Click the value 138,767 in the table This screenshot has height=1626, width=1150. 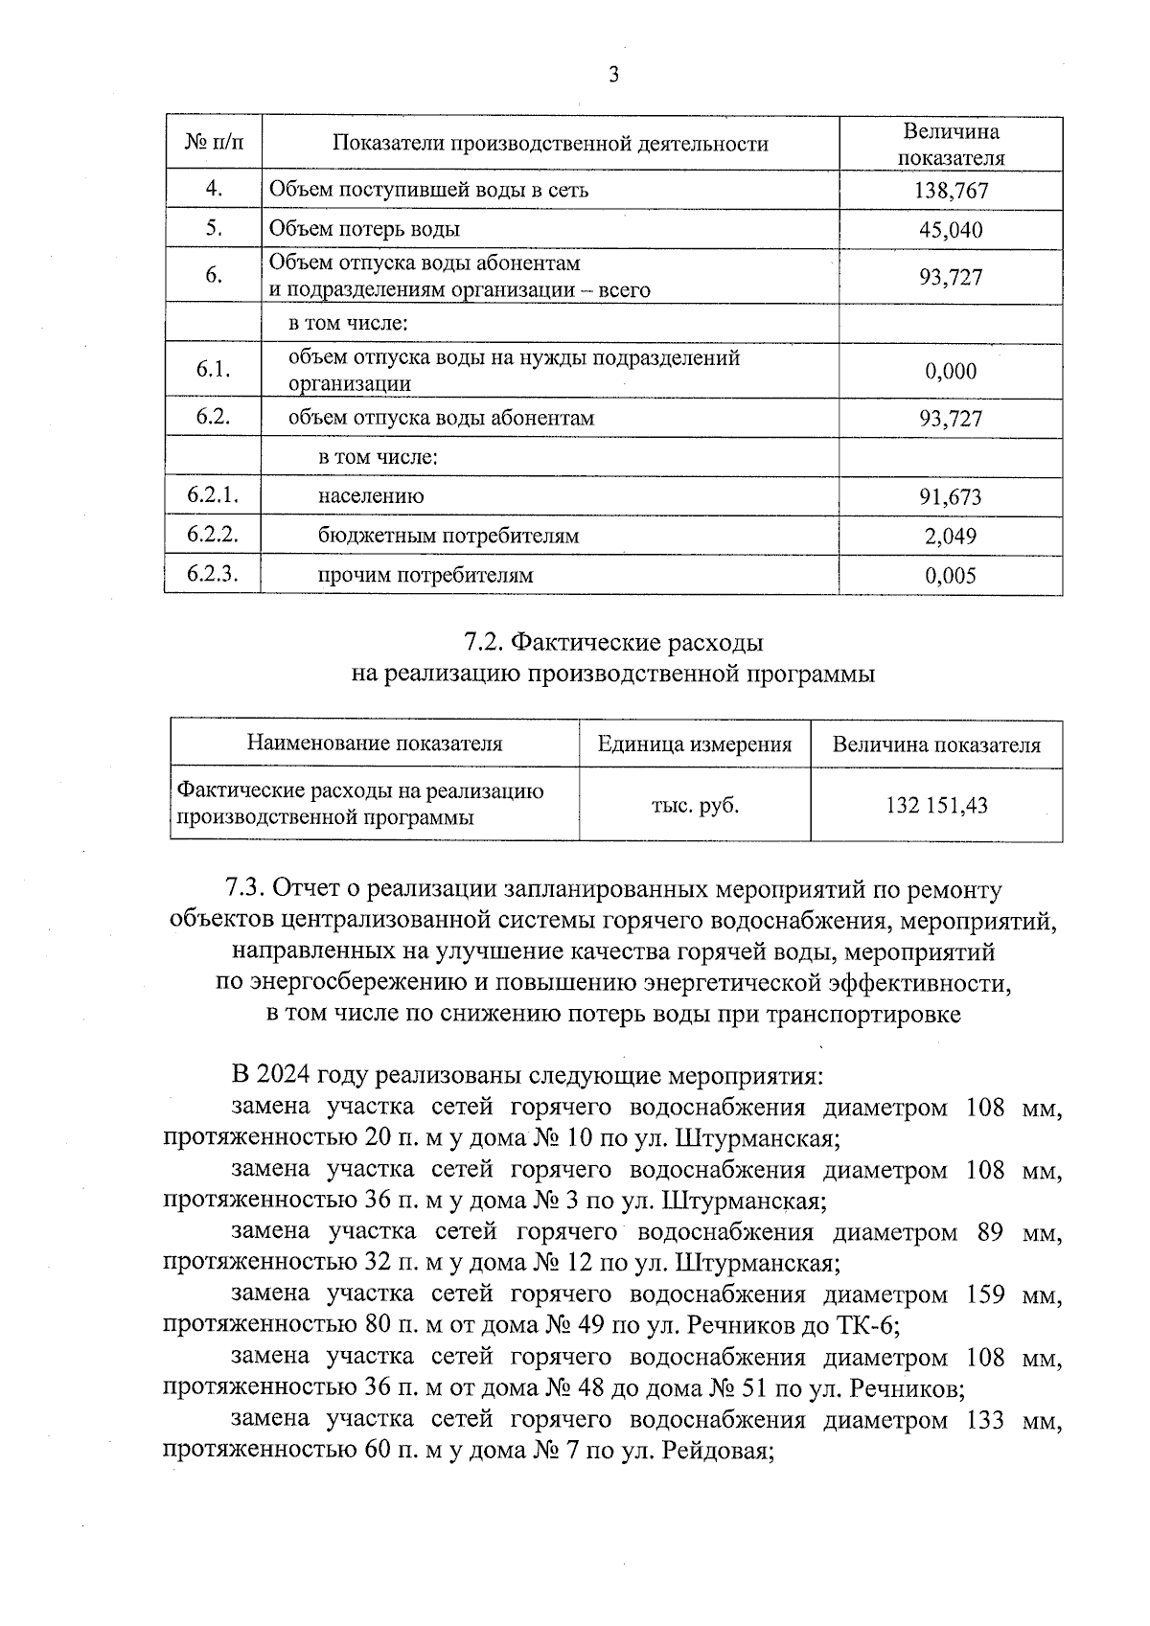click(951, 191)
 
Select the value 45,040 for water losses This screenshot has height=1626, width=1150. click(951, 230)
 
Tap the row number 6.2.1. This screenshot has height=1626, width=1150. click(213, 495)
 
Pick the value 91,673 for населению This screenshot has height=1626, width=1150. click(951, 497)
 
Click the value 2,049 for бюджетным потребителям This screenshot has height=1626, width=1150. click(951, 537)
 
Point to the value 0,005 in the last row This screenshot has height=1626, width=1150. click(951, 576)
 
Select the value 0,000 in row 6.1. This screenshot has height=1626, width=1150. click(951, 372)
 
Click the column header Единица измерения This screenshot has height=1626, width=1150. click(695, 744)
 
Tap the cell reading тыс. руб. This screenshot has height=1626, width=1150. click(695, 806)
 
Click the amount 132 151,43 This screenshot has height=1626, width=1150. click(936, 806)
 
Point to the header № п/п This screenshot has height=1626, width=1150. click(213, 144)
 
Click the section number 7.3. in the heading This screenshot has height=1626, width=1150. click(244, 890)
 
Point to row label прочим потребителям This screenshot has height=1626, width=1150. click(425, 576)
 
